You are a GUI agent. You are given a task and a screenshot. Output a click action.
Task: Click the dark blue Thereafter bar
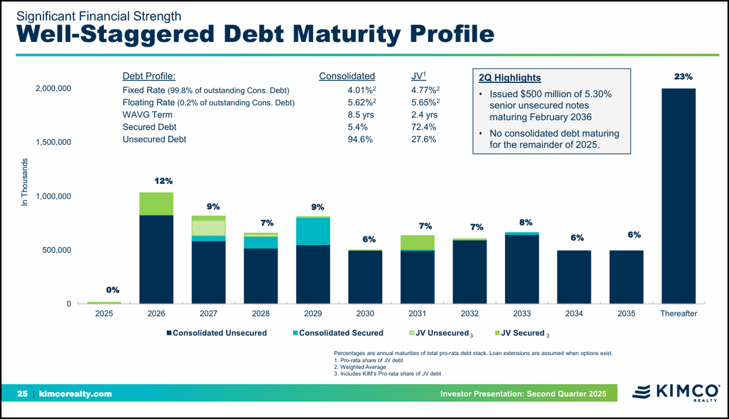[x=678, y=196]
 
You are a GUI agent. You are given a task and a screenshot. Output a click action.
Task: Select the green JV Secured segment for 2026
[x=156, y=204]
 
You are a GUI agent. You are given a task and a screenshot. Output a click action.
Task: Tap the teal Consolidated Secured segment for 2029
[x=313, y=231]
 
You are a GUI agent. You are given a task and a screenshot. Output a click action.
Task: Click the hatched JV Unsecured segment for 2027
[x=209, y=228]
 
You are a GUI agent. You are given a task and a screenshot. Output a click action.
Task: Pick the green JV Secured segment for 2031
[x=417, y=242]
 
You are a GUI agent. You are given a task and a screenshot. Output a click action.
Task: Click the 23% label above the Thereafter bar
[x=683, y=77]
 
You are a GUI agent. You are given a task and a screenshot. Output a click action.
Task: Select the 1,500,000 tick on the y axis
[x=53, y=142]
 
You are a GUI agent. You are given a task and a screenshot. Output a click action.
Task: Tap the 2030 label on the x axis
[x=365, y=314]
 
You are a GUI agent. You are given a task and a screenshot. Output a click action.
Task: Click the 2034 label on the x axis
[x=574, y=314]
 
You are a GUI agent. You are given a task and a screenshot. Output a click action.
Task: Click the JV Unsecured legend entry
[x=441, y=333]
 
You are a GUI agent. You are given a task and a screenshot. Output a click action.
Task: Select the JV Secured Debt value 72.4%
[x=423, y=127]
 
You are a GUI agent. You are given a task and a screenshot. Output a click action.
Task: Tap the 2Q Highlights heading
[x=509, y=78]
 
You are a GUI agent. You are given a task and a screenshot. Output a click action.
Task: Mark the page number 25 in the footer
[x=22, y=393]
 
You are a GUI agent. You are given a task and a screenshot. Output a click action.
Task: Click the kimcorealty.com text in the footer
[x=76, y=393]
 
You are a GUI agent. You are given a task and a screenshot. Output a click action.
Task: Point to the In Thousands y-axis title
[x=25, y=182]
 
